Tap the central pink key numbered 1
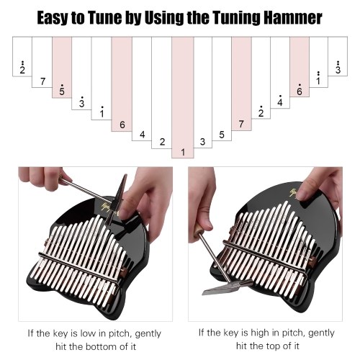tap(183, 97)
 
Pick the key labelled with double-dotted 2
tap(22, 56)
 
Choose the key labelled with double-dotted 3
tap(338, 56)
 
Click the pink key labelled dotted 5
tap(62, 67)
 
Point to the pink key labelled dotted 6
tap(300, 67)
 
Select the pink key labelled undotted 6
tap(122, 84)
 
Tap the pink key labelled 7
tap(241, 84)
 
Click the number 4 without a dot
tap(143, 135)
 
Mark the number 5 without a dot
tap(222, 135)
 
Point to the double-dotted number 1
tap(318, 78)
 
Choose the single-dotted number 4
tap(280, 101)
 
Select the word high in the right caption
tap(260, 333)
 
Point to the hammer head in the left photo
tap(117, 199)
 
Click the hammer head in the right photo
tap(227, 287)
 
